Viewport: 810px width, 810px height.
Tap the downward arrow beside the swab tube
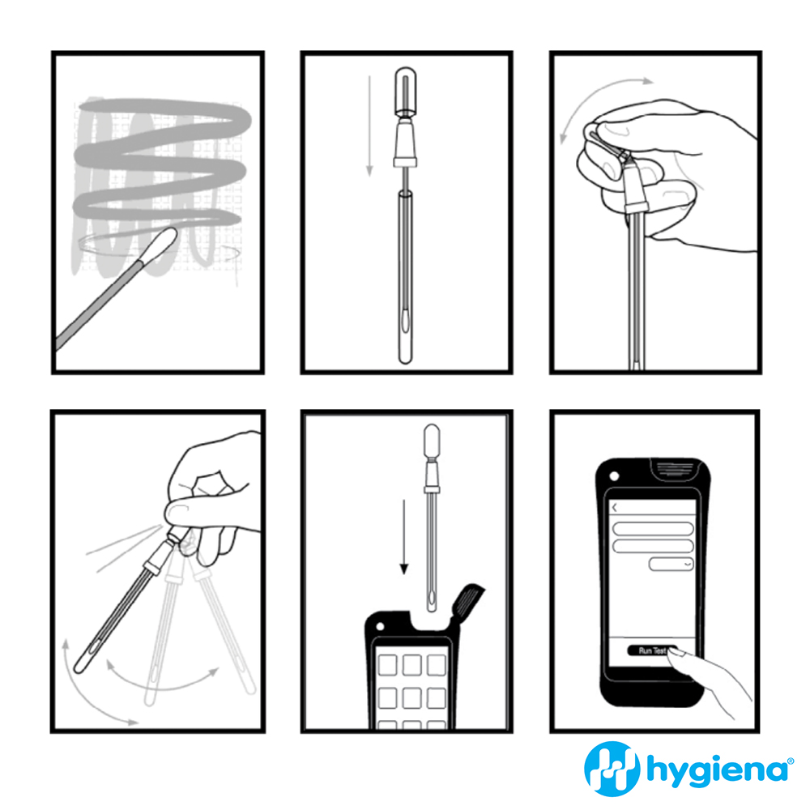tap(369, 126)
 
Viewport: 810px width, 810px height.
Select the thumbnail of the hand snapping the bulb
tap(655, 212)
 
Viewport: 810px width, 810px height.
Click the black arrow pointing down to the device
tap(404, 537)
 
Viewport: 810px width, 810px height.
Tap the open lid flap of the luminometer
tap(467, 602)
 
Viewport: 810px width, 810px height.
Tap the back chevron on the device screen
tap(615, 509)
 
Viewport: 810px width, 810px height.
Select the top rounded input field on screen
tap(652, 528)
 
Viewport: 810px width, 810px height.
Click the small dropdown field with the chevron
tap(671, 564)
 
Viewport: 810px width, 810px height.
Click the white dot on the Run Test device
tap(614, 476)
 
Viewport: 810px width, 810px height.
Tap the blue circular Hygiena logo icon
tap(612, 769)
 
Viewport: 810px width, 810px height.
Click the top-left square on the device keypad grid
tap(387, 665)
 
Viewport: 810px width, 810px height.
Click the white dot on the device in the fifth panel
tap(380, 627)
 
